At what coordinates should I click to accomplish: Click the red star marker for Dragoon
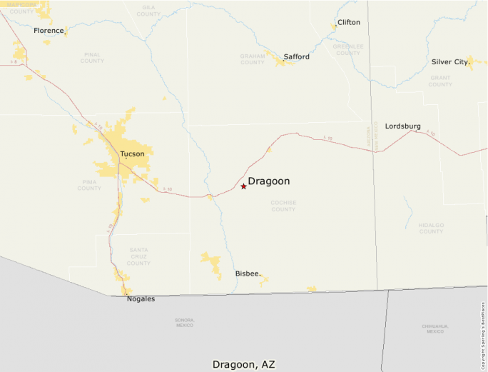click(x=243, y=186)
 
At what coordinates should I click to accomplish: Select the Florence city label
click(x=49, y=31)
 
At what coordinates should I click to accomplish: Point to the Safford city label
click(x=296, y=56)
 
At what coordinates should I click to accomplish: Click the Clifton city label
click(x=349, y=22)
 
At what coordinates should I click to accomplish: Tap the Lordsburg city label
click(x=402, y=126)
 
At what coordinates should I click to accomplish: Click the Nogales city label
click(x=141, y=298)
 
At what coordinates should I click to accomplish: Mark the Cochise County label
click(x=283, y=206)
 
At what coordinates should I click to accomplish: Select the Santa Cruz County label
click(x=138, y=256)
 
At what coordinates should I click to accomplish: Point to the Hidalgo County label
click(x=431, y=228)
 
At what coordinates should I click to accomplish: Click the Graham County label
click(x=252, y=59)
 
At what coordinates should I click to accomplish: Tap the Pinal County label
click(x=92, y=57)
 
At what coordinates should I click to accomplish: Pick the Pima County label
click(x=89, y=185)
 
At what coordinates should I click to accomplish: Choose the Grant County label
click(x=440, y=81)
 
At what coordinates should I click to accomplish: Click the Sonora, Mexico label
click(x=184, y=322)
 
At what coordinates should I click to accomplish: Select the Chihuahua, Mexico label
click(x=435, y=328)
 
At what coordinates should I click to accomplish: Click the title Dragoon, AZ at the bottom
click(x=243, y=363)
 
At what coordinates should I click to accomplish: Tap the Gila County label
click(x=148, y=10)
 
